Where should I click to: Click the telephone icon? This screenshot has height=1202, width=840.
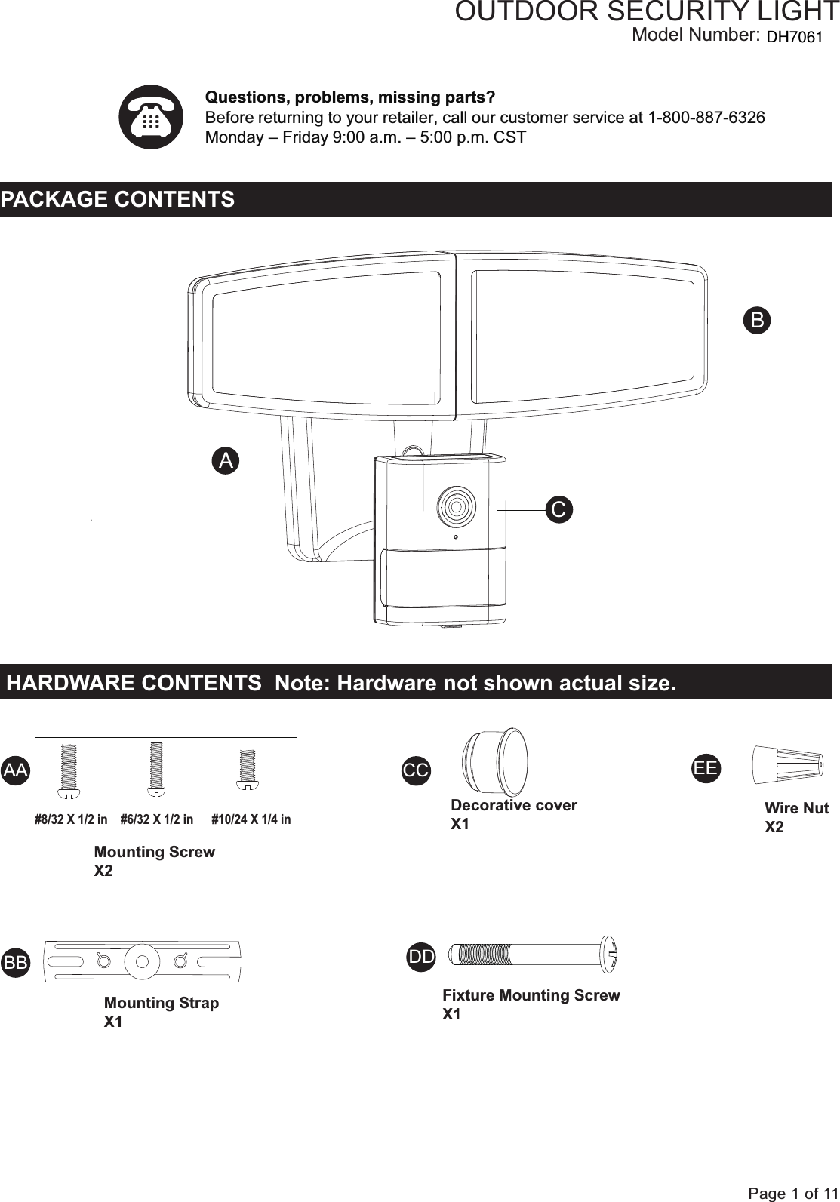151,117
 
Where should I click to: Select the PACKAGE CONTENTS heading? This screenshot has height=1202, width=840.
118,200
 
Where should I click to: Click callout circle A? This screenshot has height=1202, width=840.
225,460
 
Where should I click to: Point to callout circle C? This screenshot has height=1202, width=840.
558,510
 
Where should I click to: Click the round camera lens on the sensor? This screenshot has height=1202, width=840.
456,505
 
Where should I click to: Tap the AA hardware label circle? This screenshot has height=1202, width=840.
15,770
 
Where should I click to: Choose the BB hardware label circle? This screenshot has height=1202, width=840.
16,963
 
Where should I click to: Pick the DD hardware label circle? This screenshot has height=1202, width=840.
421,958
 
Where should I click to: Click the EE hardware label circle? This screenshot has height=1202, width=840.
706,769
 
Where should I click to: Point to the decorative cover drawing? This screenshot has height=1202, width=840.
494,761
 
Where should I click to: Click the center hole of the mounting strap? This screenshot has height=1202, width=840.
141,961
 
